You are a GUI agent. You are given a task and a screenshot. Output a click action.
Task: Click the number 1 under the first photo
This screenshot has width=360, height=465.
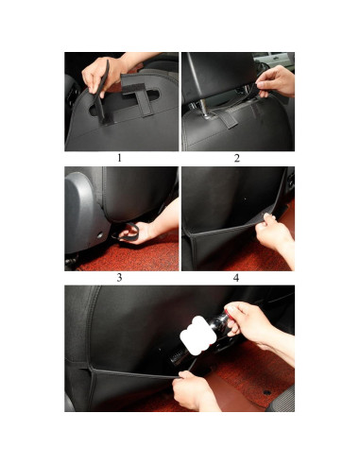(119, 158)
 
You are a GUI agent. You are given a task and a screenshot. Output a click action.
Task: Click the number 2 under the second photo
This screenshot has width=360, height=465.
(236, 158)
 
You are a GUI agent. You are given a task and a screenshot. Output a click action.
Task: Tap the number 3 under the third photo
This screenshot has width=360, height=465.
(119, 278)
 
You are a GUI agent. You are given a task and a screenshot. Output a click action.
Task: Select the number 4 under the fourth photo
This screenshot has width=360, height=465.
(236, 278)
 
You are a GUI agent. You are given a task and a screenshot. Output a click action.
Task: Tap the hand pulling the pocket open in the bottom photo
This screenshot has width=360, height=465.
(197, 389)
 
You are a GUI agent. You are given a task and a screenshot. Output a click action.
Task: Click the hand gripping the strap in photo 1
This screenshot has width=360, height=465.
(98, 74)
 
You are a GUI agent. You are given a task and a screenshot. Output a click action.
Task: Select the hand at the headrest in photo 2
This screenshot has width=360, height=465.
(278, 80)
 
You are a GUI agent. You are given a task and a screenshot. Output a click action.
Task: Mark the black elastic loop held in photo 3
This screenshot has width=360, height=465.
(130, 230)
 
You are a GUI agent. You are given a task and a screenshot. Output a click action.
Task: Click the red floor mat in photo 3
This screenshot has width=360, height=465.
(104, 255)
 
